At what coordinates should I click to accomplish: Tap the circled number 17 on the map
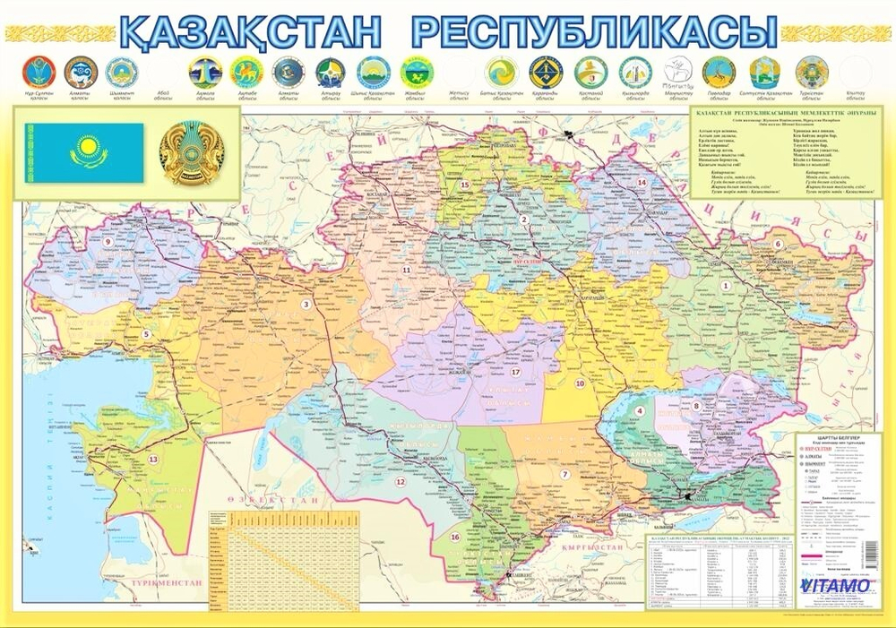point(515,371)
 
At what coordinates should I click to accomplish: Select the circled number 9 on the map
point(107,242)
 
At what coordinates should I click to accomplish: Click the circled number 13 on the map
point(153,459)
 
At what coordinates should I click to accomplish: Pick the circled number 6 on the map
point(778,244)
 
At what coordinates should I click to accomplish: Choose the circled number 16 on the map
point(455,537)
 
